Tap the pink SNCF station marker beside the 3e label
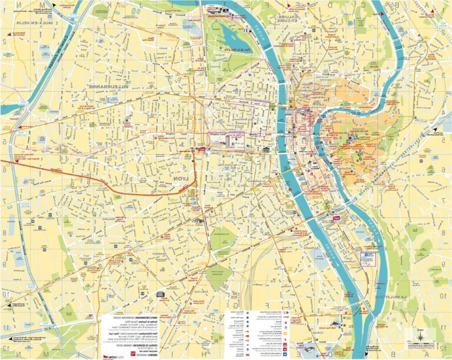[x=202, y=151]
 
